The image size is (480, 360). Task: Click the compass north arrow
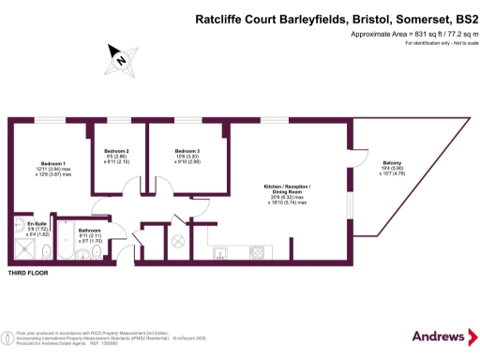tap(120, 59)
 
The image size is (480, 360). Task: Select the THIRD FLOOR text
tap(29, 274)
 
